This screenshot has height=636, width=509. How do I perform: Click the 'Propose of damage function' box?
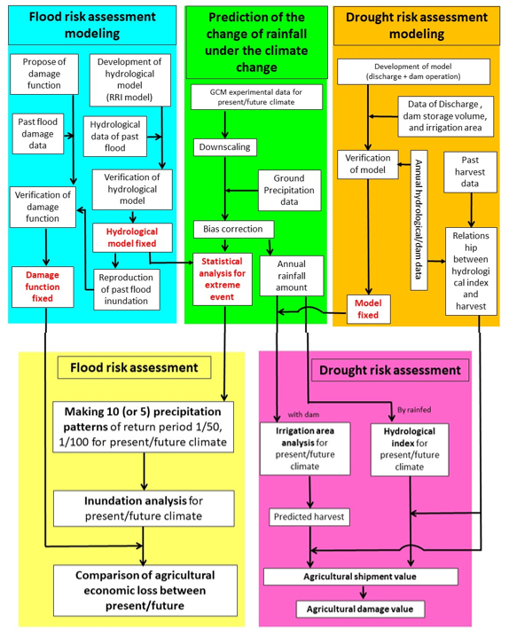44,75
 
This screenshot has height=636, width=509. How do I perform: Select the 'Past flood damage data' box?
38,134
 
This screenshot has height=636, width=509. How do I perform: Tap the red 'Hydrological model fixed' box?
132,238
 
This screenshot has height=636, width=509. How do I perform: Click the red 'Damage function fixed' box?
43,287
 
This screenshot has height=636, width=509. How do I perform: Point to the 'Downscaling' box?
224,147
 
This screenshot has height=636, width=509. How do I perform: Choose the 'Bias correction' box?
233,229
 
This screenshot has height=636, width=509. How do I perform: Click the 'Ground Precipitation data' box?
289,190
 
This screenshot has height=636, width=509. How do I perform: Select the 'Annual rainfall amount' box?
292,275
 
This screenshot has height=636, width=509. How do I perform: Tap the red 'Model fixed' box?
368,309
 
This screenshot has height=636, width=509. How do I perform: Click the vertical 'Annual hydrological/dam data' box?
419,220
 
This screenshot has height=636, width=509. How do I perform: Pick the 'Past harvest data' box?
470,172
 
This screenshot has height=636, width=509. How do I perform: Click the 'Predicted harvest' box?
309,517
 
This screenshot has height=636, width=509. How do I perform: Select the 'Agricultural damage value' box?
360,609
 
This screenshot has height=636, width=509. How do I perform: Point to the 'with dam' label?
303,414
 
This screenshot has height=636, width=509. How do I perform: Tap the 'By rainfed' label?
414,410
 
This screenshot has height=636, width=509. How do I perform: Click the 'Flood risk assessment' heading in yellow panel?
134,367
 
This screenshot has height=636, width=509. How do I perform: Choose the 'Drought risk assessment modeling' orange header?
417,26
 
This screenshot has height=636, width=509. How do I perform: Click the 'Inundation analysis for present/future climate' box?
144,508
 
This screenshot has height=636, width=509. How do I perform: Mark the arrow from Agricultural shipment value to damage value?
363,593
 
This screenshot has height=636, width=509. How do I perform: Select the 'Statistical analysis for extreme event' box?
223,279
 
